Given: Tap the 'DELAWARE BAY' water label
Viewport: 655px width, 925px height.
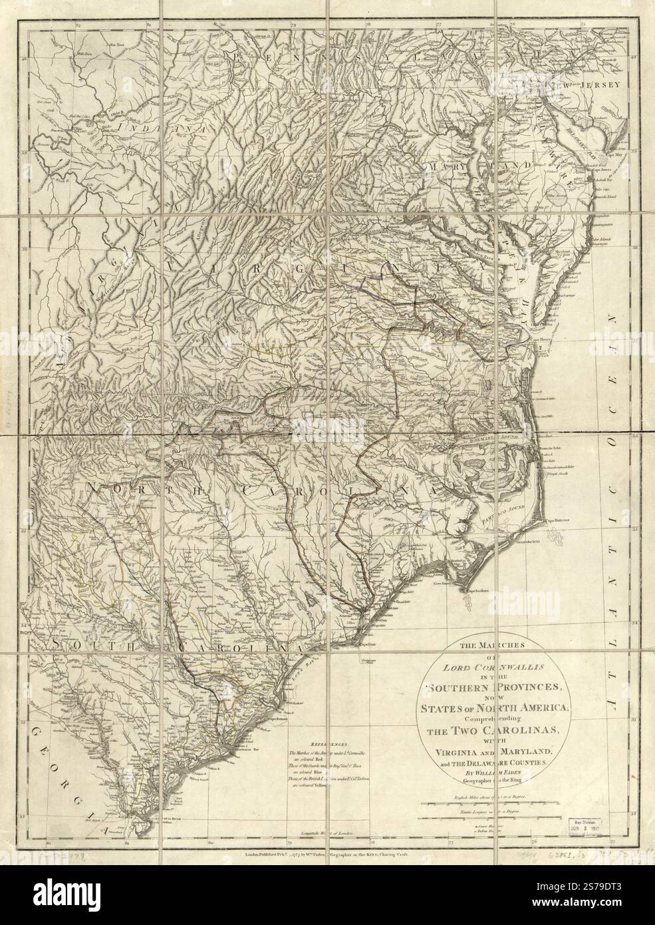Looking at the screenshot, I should tap(583, 128).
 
